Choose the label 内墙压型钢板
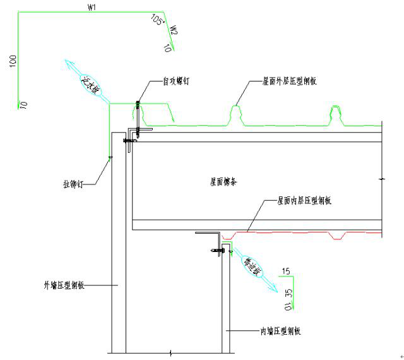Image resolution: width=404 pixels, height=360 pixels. click(x=281, y=331)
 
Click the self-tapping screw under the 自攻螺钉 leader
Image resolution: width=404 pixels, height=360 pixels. click(x=137, y=110)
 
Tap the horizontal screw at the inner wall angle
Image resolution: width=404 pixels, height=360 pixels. click(x=216, y=252)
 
